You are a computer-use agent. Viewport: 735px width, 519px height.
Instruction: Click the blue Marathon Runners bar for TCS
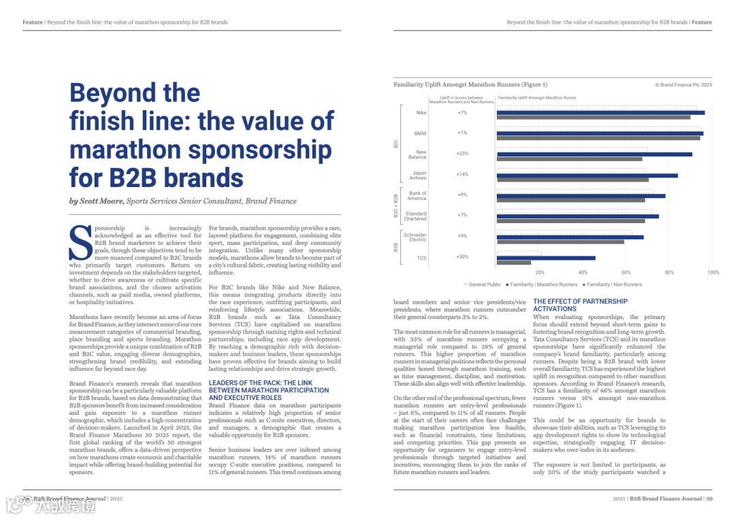click(546, 258)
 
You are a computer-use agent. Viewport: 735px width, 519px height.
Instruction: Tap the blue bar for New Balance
click(594, 154)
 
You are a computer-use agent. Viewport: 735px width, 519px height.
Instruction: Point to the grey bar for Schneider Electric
click(560, 241)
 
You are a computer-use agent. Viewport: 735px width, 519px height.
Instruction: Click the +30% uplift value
click(462, 256)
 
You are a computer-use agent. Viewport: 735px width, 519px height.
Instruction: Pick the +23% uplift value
click(462, 154)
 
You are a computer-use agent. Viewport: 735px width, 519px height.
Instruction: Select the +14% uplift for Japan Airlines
click(462, 174)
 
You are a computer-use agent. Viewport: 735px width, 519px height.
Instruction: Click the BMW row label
click(420, 133)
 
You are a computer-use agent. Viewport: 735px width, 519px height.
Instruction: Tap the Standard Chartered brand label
click(415, 216)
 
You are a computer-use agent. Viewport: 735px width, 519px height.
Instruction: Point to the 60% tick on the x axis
click(626, 272)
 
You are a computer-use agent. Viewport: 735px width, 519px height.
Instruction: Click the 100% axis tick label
click(713, 272)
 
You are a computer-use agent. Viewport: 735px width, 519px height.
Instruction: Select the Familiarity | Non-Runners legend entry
click(612, 284)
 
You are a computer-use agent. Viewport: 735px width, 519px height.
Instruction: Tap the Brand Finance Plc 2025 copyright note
click(683, 85)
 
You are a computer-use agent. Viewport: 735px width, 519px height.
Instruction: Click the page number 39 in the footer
click(708, 499)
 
